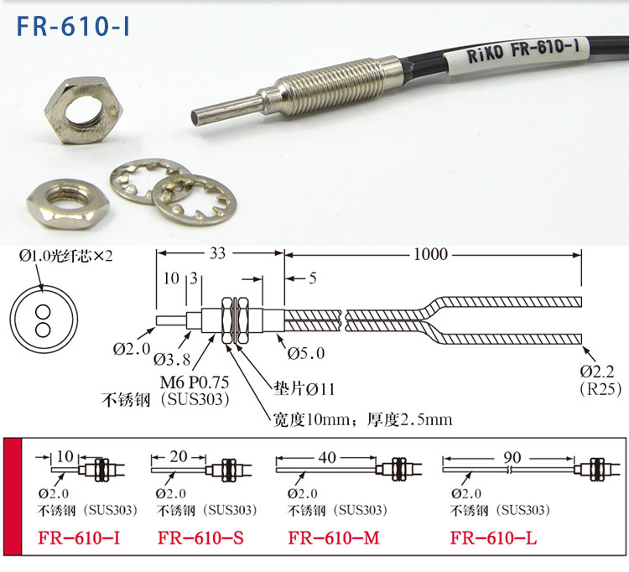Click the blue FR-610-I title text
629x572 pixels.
click(x=74, y=26)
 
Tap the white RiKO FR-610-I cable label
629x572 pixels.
click(x=517, y=51)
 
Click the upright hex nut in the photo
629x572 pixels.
click(x=83, y=111)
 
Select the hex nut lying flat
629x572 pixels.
click(x=68, y=204)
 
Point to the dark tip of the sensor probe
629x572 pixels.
click(x=195, y=119)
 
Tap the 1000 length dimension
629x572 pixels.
click(x=430, y=254)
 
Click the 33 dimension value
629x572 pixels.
click(x=218, y=253)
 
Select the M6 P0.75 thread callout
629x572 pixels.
click(x=195, y=382)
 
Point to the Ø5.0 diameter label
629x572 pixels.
click(x=306, y=353)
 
